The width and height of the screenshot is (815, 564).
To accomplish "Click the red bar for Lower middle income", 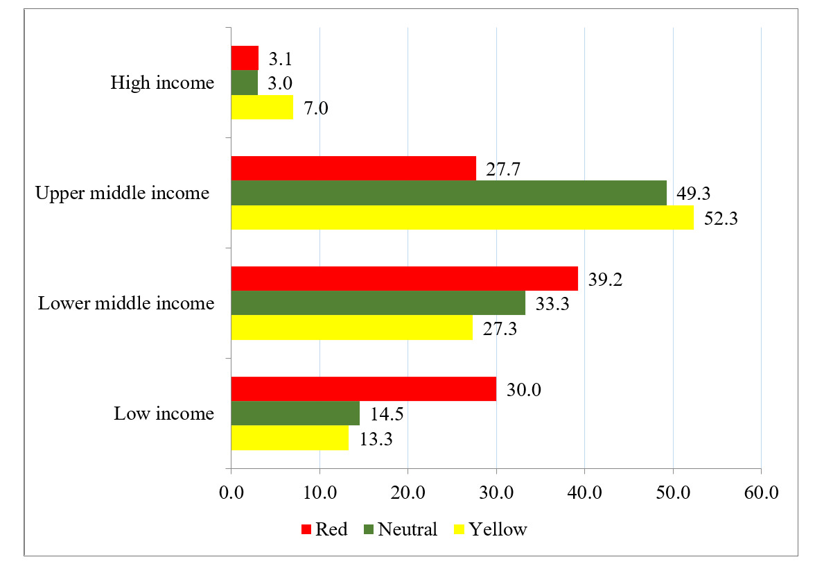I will point(404,279).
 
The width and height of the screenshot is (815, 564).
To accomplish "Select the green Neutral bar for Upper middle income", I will point(448,193).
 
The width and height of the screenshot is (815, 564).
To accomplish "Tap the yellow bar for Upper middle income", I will point(462,218).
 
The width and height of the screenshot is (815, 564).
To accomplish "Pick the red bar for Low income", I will point(363,389).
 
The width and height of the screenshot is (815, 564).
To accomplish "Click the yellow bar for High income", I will point(262,108).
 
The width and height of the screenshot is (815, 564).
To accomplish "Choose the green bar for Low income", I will point(295,413).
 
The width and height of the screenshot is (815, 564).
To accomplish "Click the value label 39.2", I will point(605,278).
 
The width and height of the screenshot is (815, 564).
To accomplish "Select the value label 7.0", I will point(317,108).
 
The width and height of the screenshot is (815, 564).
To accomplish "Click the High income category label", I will point(162,83).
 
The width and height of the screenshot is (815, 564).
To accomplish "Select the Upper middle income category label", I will point(122,193).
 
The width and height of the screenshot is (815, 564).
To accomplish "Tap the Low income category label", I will point(164,414).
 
